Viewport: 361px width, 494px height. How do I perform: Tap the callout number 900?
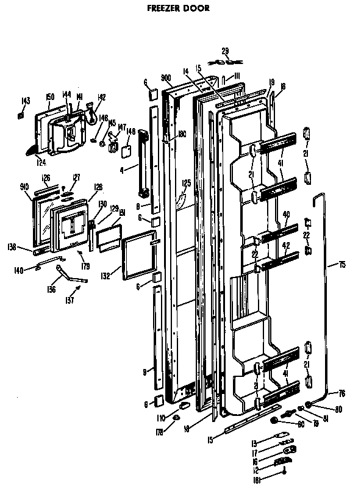(x=165, y=77)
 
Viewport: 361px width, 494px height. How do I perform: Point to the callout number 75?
(x=342, y=265)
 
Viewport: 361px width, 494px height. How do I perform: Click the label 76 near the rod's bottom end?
(x=341, y=393)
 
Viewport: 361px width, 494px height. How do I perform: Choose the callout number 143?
(x=25, y=101)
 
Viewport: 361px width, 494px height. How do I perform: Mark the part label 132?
(x=105, y=276)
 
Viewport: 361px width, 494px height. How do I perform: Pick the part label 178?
(x=160, y=432)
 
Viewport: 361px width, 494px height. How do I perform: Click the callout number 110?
(x=160, y=418)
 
